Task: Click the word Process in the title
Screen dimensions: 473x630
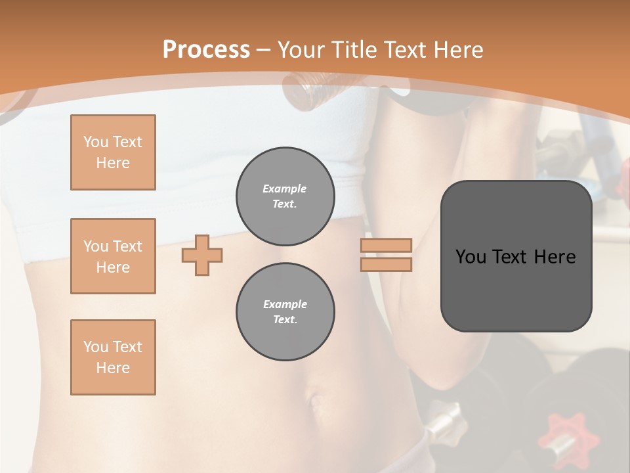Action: pyautogui.click(x=206, y=49)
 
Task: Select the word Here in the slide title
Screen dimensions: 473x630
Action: pyautogui.click(x=457, y=49)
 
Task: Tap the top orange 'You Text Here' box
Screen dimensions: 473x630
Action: pyautogui.click(x=113, y=152)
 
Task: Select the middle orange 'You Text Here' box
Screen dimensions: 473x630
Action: pyautogui.click(x=113, y=256)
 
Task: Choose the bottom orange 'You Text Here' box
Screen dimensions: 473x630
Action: pyautogui.click(x=113, y=357)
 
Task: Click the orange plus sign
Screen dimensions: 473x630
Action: pyautogui.click(x=202, y=256)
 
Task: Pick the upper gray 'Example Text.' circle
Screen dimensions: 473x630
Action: pyautogui.click(x=285, y=196)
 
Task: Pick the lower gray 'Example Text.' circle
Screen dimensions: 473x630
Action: pyautogui.click(x=285, y=312)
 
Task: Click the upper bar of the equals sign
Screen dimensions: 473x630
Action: pyautogui.click(x=386, y=245)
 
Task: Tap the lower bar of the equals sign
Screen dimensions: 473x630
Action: pyautogui.click(x=386, y=265)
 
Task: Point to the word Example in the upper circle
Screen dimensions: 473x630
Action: pyautogui.click(x=285, y=189)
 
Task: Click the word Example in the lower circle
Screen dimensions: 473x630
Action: pyautogui.click(x=285, y=304)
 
